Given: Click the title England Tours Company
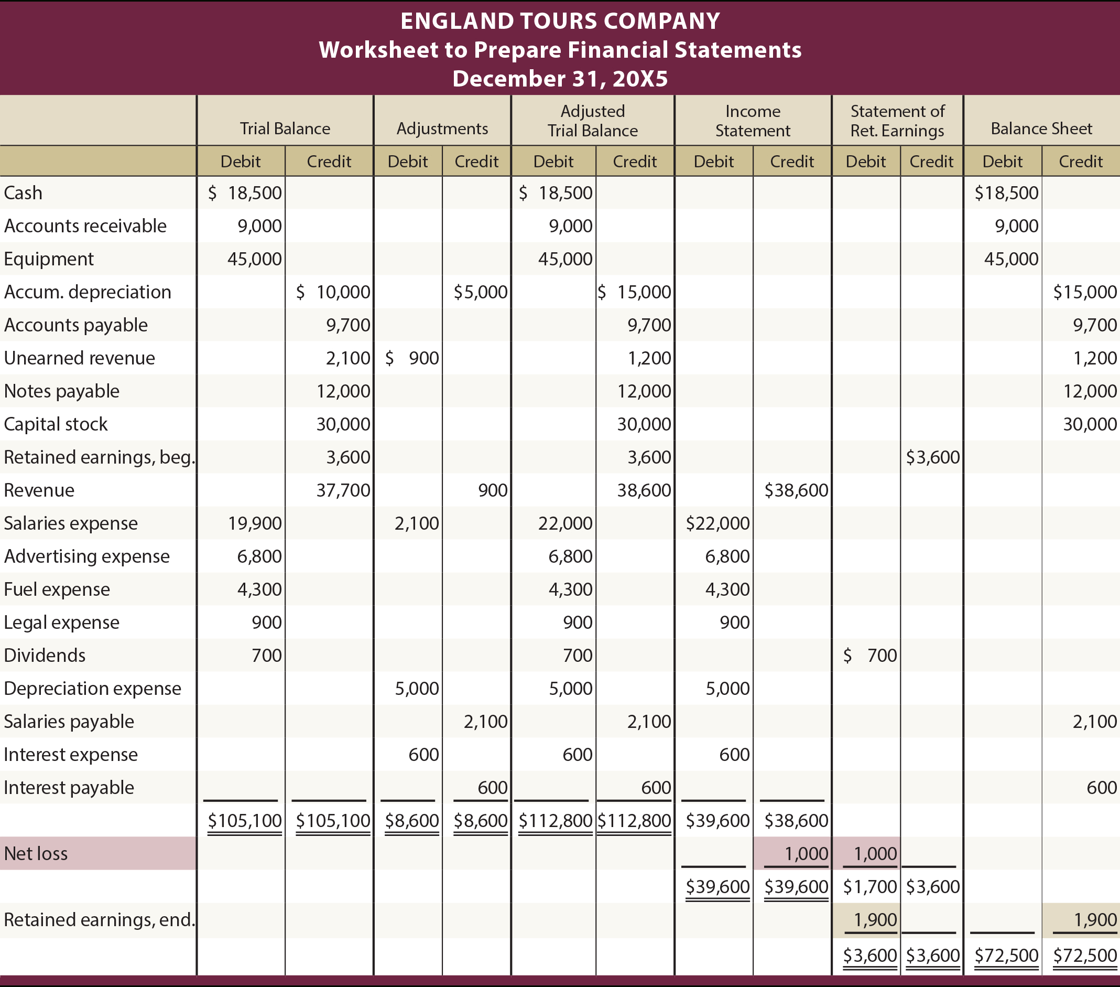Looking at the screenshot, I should [x=560, y=21].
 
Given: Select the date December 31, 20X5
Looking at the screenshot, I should [x=560, y=79].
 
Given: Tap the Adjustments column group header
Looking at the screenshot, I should [x=442, y=128].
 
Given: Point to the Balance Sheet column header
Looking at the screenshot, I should [x=1041, y=128].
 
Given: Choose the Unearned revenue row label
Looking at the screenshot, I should [x=80, y=358].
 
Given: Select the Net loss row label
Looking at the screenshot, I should [x=36, y=853].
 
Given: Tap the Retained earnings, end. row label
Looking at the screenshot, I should [x=99, y=919].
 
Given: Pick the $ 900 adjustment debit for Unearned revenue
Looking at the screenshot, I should [x=412, y=358].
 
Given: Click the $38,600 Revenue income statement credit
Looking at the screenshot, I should [x=796, y=490].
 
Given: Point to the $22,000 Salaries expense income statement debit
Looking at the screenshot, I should [x=717, y=523].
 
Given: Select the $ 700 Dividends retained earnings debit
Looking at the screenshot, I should [x=870, y=655].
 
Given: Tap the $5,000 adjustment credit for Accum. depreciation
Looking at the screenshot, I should [x=481, y=292].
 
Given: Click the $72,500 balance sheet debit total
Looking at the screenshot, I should [x=1006, y=955].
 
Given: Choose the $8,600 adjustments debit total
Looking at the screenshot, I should [x=412, y=820].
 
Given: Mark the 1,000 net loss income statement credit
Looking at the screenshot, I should [x=806, y=853].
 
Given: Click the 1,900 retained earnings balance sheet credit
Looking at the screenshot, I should [x=1095, y=919].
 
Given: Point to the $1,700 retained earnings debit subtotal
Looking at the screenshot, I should [x=870, y=887].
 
